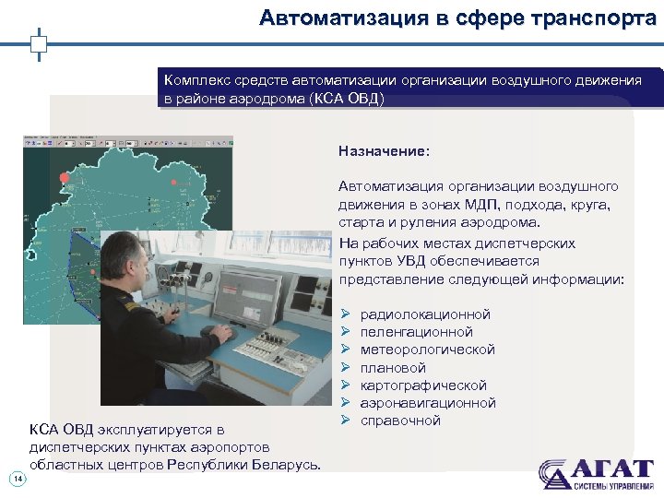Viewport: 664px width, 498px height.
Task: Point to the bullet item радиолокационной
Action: pyautogui.click(x=425, y=314)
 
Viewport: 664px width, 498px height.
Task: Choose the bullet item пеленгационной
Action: pyautogui.click(x=416, y=332)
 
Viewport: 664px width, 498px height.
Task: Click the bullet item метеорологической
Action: pyautogui.click(x=427, y=350)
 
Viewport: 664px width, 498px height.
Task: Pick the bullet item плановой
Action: pyautogui.click(x=393, y=367)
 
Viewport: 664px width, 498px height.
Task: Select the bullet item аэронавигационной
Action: pyautogui.click(x=428, y=403)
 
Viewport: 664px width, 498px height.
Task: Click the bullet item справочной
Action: pyautogui.click(x=400, y=421)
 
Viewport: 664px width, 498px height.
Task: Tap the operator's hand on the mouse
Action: pyautogui.click(x=221, y=329)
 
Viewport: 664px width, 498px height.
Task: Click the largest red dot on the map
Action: pyautogui.click(x=64, y=178)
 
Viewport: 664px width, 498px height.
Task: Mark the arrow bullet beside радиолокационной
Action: pyautogui.click(x=345, y=314)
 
